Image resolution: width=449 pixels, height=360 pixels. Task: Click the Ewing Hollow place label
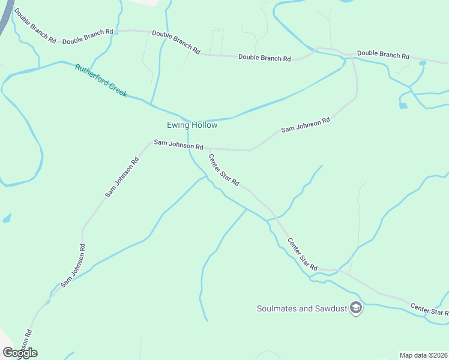coord(191,125)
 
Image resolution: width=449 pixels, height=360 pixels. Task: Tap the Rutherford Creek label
coord(101,80)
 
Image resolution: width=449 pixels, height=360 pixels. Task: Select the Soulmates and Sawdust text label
coord(302,308)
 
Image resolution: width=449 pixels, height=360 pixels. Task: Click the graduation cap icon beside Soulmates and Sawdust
coord(356,308)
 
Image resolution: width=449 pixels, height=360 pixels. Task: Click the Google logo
coord(19,353)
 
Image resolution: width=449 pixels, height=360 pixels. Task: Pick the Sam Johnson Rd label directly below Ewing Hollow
coord(178,145)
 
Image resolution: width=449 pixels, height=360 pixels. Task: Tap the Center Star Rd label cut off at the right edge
coord(429,309)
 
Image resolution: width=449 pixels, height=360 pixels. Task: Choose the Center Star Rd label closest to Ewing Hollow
coord(224,170)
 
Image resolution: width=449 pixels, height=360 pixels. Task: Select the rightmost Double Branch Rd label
coord(383,55)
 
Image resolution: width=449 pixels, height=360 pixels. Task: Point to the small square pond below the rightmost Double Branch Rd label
coord(403,106)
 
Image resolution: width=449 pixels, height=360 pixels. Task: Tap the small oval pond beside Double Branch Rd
coord(423,62)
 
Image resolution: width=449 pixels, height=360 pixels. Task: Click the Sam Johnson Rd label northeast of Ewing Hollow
coord(306,125)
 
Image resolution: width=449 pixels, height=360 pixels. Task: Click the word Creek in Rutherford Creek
coord(116,89)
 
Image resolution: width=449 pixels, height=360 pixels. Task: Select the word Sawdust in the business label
coord(330,308)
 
